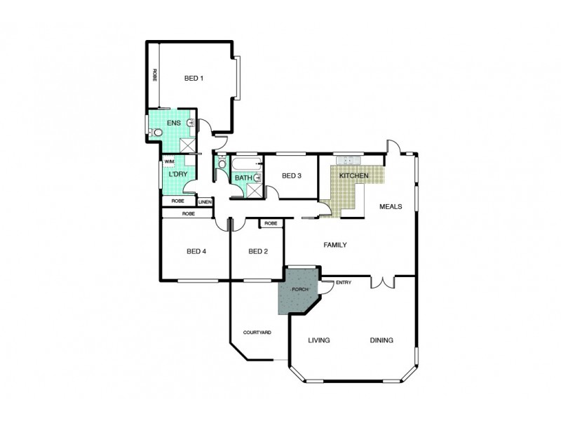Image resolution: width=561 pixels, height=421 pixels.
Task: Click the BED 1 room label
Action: (x=194, y=78)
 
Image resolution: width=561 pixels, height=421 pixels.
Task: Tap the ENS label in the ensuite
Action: (x=173, y=123)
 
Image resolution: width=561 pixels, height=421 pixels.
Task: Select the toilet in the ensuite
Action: (x=158, y=132)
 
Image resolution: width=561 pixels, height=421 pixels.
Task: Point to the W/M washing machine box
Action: (x=170, y=161)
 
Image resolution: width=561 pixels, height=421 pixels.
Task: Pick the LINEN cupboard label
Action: (x=205, y=202)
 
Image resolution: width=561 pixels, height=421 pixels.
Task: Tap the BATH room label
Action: (x=243, y=178)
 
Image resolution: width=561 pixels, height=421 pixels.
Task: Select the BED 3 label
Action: (x=291, y=175)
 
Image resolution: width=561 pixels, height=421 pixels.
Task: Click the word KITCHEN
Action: (x=353, y=175)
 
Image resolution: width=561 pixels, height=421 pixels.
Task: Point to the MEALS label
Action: (x=390, y=207)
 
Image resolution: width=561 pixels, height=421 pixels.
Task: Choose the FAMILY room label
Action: (x=335, y=245)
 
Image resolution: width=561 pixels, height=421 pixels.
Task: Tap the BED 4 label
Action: (x=196, y=251)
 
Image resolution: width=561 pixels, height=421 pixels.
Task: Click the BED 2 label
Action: (x=258, y=251)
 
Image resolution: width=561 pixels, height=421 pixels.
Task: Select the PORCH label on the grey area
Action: (x=299, y=289)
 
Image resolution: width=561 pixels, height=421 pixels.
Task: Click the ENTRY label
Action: (x=344, y=283)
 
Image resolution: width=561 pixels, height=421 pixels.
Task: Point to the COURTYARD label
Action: (x=257, y=332)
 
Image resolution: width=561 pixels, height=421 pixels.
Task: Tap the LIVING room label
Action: (x=319, y=340)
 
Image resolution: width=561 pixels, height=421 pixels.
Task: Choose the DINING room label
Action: (x=381, y=340)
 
